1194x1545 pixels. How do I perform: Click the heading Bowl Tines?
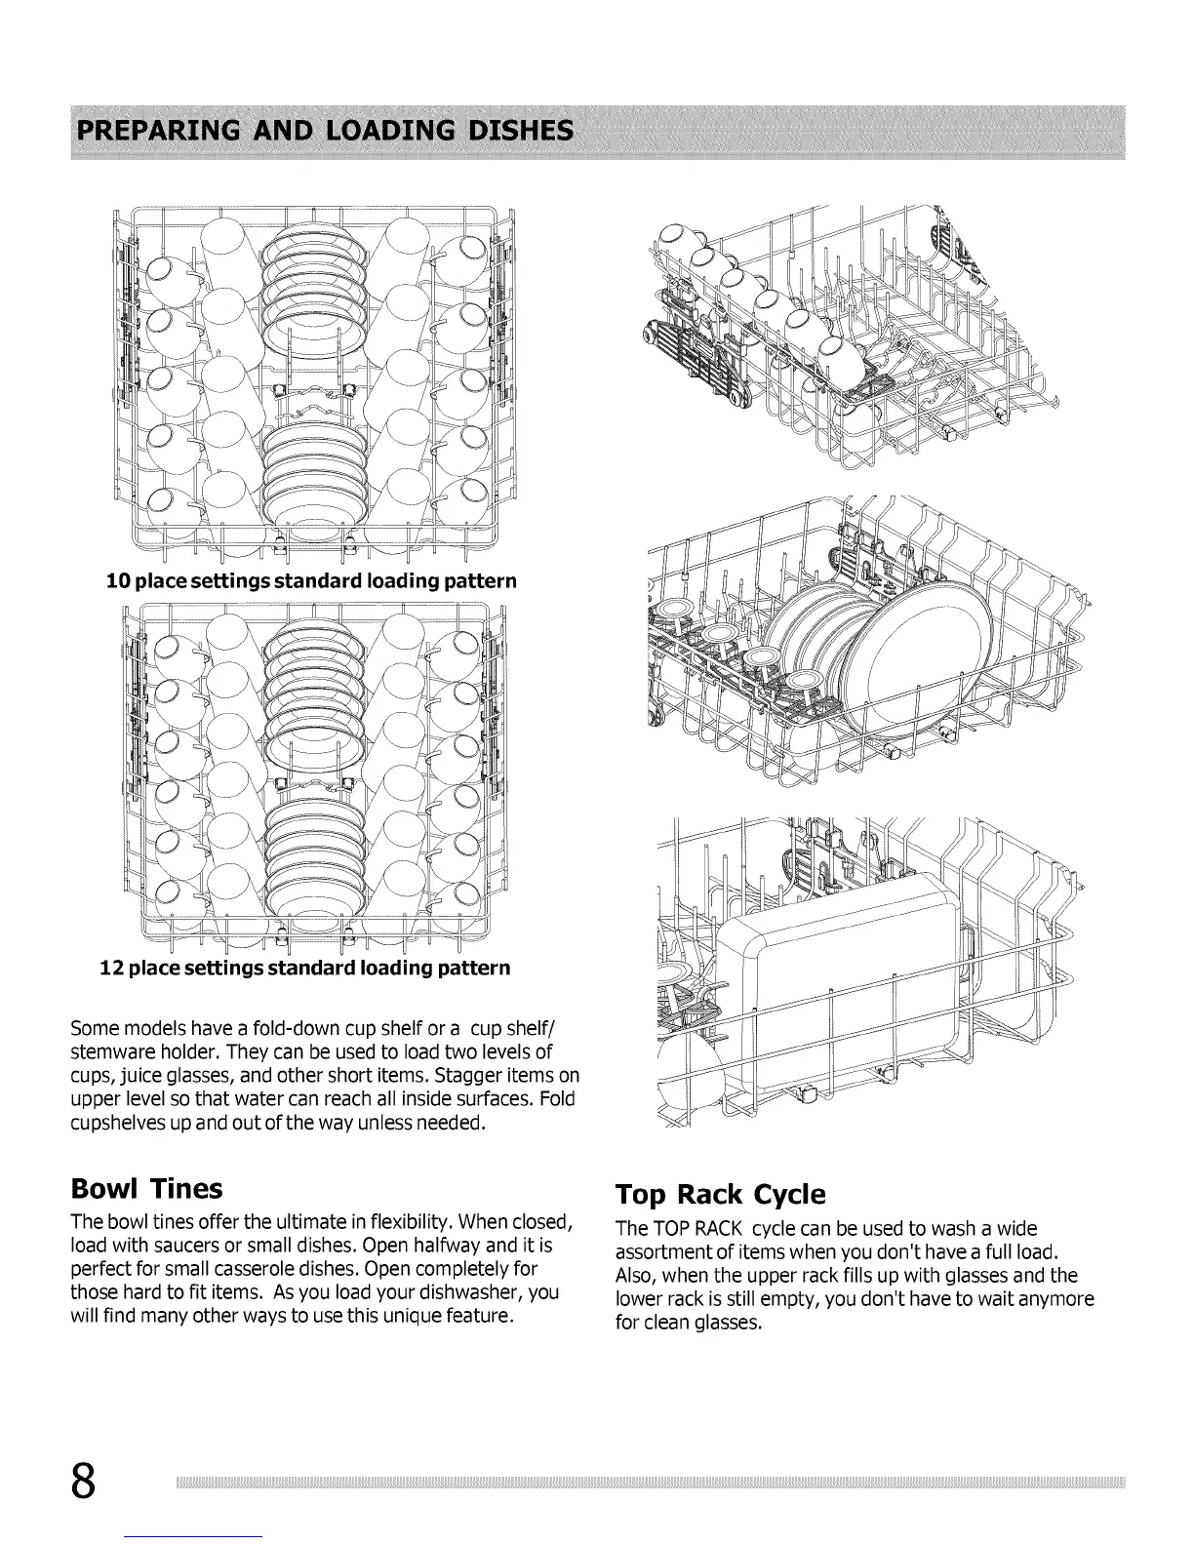147,1188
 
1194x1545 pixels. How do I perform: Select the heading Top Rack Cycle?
721,1194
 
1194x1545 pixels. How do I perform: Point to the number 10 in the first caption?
118,581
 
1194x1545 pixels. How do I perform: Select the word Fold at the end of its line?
558,1099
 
